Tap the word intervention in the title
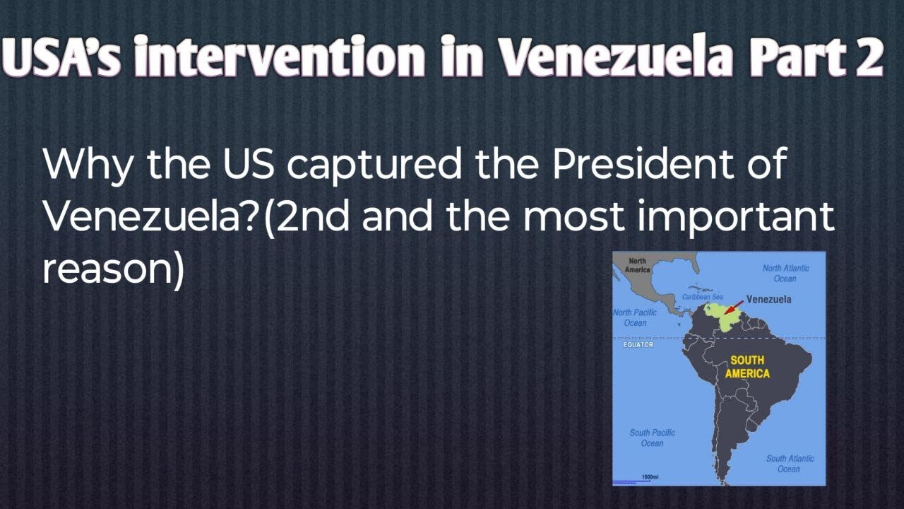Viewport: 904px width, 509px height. (280, 58)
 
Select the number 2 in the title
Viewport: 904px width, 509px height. (868, 58)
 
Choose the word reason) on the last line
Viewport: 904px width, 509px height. (113, 270)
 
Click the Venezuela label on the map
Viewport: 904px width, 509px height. (768, 299)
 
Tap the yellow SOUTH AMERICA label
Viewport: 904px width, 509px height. (747, 367)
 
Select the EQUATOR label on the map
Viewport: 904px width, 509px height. (638, 345)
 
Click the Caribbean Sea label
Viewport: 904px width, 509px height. (702, 297)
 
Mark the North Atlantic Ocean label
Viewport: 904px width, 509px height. (785, 273)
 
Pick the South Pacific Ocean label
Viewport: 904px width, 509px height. (652, 438)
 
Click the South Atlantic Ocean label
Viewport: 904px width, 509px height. (790, 464)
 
